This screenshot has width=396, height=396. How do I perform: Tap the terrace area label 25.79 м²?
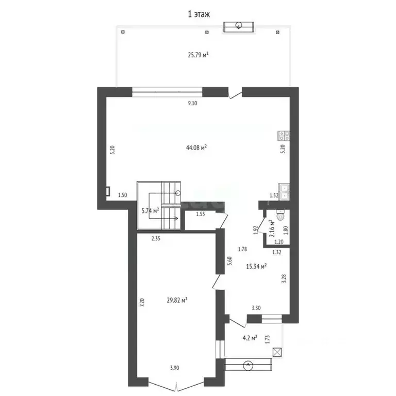pos(197,54)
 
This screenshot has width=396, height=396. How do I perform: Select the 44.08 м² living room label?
pos(196,147)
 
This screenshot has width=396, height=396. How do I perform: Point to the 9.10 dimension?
pos(192,104)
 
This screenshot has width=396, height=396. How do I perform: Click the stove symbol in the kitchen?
pos(284,136)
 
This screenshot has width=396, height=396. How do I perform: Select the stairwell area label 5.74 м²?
pos(150,210)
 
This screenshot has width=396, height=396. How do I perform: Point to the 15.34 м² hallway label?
pos(256,267)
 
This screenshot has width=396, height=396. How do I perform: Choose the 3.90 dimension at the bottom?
pos(175,368)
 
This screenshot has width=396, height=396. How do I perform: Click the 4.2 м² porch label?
pos(250,338)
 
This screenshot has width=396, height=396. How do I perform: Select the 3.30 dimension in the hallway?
pos(256,308)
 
